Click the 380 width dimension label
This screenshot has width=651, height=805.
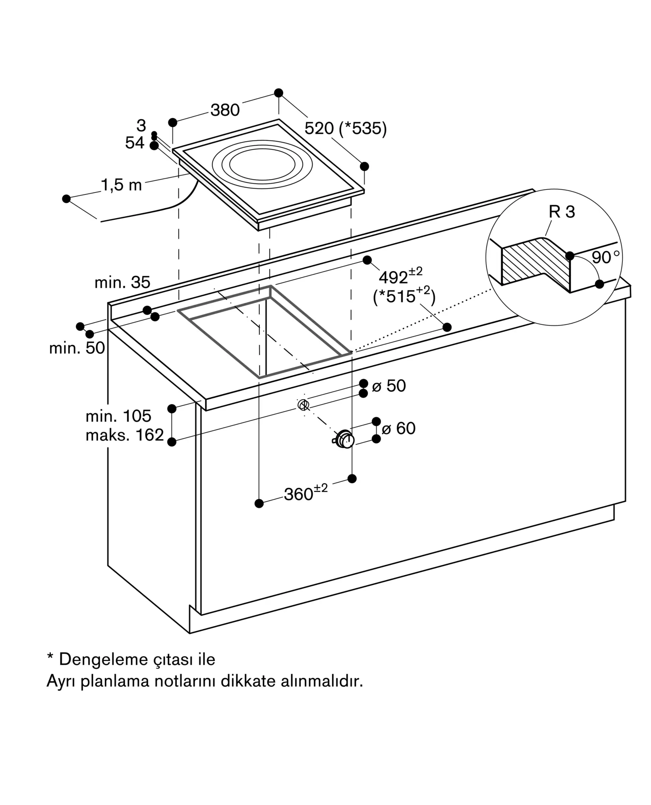[225, 110]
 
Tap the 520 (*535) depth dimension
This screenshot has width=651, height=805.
[345, 128]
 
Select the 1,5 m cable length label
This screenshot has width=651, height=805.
[121, 185]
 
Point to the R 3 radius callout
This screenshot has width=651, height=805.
[562, 212]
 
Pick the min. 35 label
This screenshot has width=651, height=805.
[122, 283]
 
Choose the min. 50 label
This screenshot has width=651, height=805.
[77, 348]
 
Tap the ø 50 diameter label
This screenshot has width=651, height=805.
[389, 386]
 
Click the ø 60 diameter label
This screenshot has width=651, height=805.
[398, 428]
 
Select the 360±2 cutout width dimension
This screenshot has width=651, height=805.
[306, 493]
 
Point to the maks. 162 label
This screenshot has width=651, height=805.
[125, 435]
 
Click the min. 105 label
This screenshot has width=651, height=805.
[118, 416]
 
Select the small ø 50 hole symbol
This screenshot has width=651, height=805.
[303, 405]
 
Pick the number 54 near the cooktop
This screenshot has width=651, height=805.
[135, 143]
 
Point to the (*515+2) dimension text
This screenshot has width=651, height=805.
[404, 296]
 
